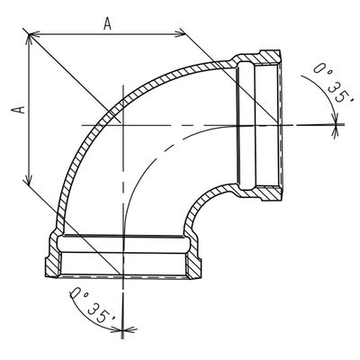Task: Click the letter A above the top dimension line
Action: click(106, 24)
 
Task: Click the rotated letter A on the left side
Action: click(15, 108)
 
